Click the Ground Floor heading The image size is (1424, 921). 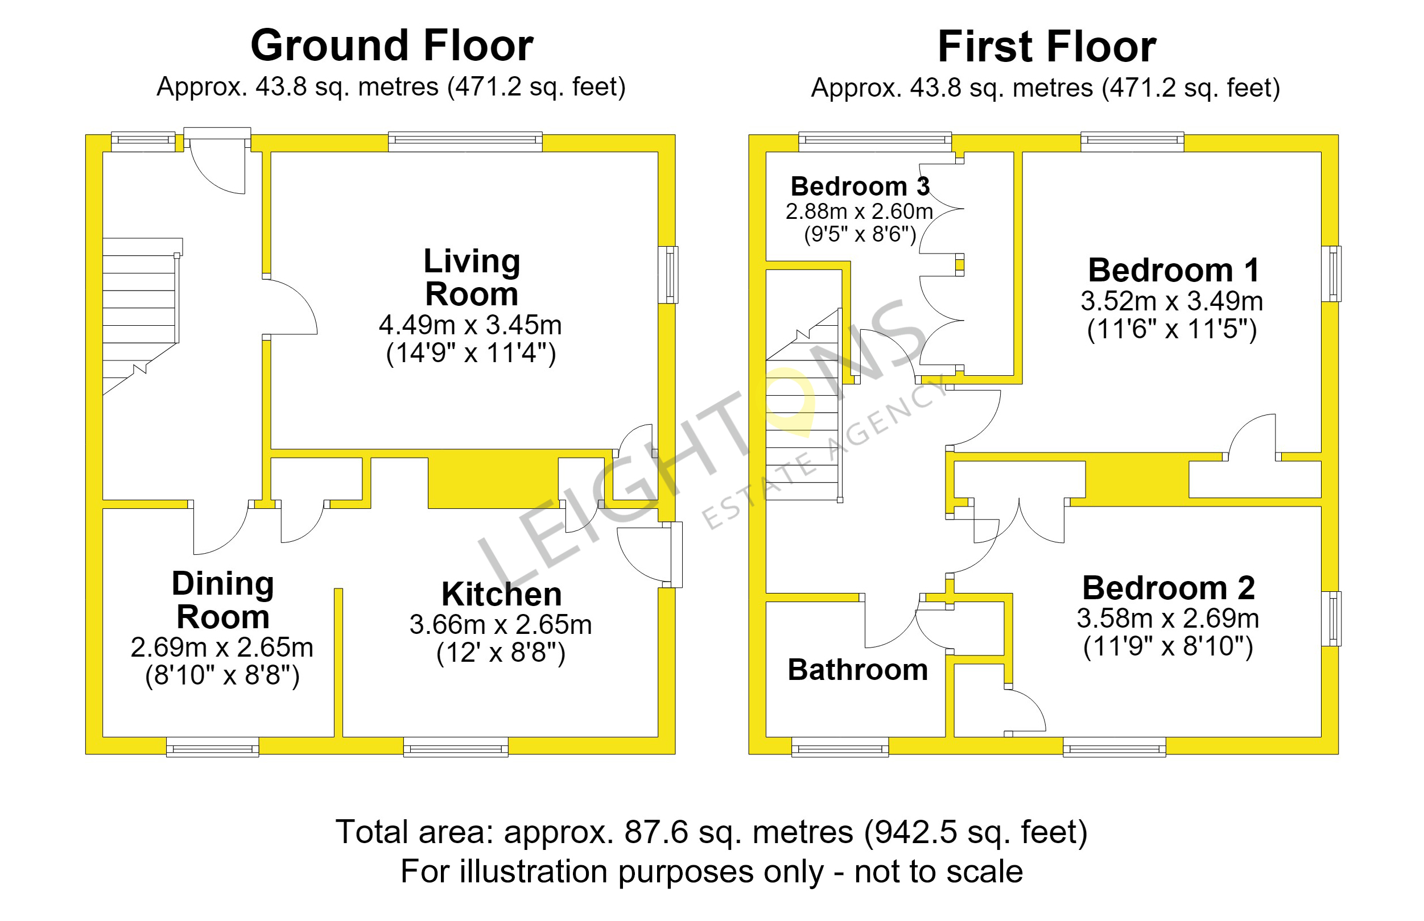(x=391, y=45)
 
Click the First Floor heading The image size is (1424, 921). (x=1046, y=47)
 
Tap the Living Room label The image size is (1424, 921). (x=472, y=277)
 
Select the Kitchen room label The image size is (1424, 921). (x=501, y=595)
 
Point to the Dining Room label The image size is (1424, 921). (x=222, y=600)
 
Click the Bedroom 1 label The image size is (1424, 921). (x=1173, y=270)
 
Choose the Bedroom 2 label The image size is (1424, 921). (x=1168, y=588)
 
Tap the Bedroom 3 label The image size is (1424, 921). (x=860, y=186)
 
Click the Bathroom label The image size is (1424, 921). (x=857, y=670)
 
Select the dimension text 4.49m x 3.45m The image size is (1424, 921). (x=470, y=325)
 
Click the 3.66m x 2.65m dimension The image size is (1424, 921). (x=501, y=625)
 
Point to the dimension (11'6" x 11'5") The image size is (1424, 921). (x=1171, y=329)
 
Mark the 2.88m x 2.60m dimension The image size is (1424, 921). (x=859, y=211)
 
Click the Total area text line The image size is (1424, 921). (x=711, y=832)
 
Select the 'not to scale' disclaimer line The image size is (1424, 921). (x=711, y=872)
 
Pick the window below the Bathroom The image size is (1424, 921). (x=840, y=747)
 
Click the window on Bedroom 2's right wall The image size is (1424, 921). (x=1331, y=619)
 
